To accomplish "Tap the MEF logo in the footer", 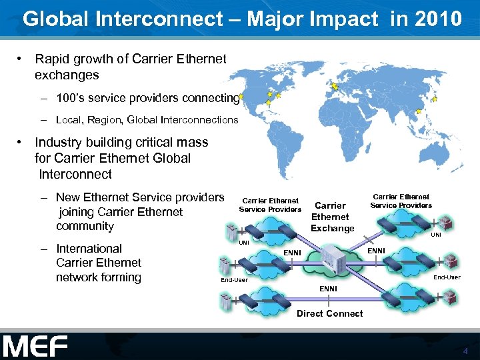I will coord(35,346).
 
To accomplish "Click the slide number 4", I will coord(466,351).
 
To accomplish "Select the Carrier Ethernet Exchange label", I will coord(332,217).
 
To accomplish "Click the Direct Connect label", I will coord(330,313).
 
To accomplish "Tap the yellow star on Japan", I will coord(435,99).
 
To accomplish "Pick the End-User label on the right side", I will coord(447,277).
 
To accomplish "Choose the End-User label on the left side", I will coord(234,280).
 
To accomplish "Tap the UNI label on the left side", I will coord(244,243).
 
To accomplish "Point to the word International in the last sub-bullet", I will coord(89,249).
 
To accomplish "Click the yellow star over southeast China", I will coord(418,111).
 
